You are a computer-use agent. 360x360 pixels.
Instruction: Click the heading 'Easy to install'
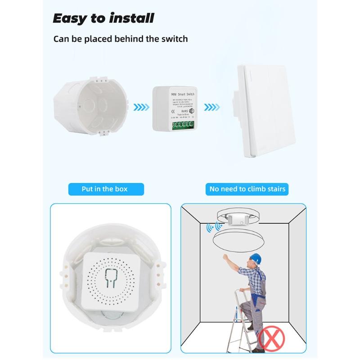pyautogui.click(x=103, y=18)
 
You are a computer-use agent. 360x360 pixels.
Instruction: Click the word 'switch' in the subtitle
pyautogui.click(x=173, y=39)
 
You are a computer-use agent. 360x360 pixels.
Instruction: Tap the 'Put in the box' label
pyautogui.click(x=104, y=189)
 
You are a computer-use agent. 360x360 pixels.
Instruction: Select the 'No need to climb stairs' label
pyautogui.click(x=247, y=189)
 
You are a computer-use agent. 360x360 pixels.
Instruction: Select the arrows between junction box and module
pyautogui.click(x=143, y=108)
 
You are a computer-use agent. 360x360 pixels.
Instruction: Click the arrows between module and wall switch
pyautogui.click(x=211, y=108)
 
